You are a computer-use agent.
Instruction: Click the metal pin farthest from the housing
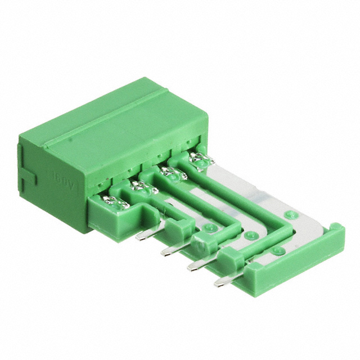click(221, 281)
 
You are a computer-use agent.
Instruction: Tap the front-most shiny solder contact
click(116, 201)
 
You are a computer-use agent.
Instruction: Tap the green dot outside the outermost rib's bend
click(290, 215)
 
